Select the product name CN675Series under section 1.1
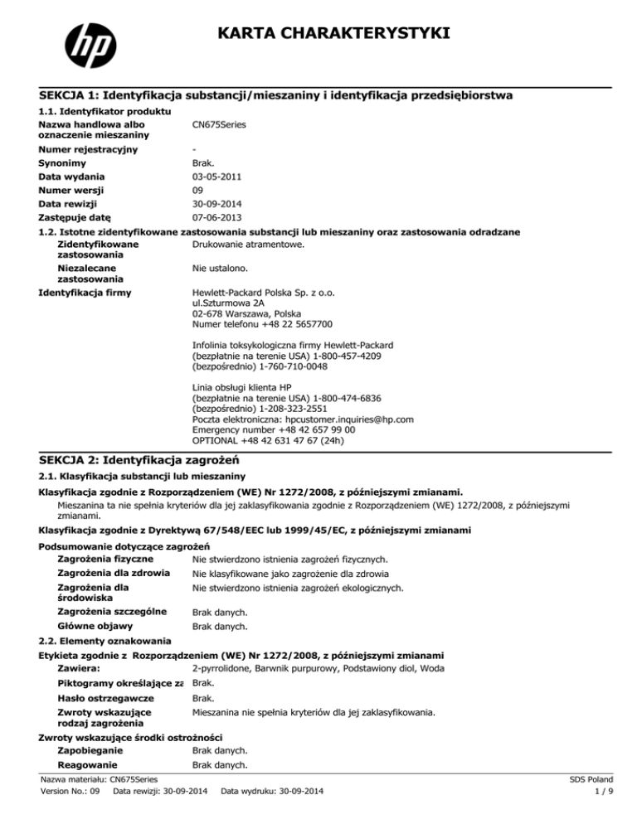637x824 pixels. point(219,124)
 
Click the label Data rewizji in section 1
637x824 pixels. point(69,203)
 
